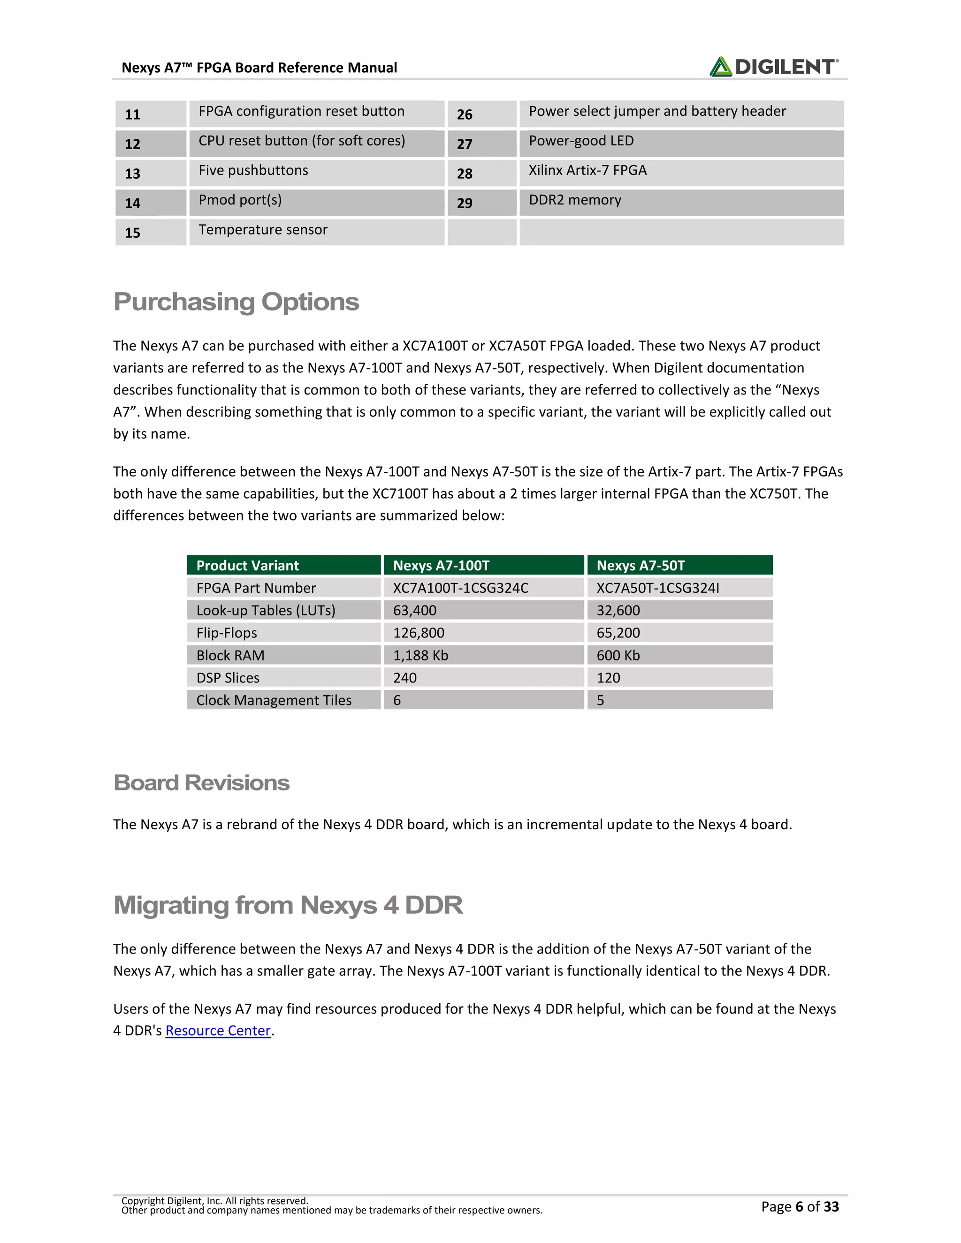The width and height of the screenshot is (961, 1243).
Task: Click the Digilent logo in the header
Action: point(774,67)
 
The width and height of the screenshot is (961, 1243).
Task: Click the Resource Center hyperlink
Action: point(217,1031)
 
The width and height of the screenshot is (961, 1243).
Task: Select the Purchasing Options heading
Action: point(236,302)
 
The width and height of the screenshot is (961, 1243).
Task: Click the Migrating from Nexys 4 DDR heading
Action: point(288,905)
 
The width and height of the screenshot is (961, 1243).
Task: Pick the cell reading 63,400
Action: point(414,610)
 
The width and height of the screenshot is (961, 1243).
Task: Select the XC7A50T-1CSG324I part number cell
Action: point(657,588)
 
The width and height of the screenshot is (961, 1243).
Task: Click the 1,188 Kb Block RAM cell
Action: point(420,655)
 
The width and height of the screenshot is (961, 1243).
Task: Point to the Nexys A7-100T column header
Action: point(441,565)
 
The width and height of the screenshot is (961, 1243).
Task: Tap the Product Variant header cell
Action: point(247,565)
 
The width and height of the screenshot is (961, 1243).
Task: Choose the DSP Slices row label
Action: point(228,678)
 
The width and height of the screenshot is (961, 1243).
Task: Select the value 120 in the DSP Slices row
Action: point(608,678)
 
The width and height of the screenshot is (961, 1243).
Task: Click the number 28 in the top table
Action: point(465,174)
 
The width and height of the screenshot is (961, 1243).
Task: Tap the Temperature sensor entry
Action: point(263,229)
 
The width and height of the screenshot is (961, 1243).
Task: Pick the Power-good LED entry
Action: point(581,141)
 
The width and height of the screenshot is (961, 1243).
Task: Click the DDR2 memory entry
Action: point(575,200)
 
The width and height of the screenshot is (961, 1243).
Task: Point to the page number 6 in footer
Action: point(799,1206)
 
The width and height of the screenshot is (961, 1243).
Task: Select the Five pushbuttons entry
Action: point(253,170)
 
